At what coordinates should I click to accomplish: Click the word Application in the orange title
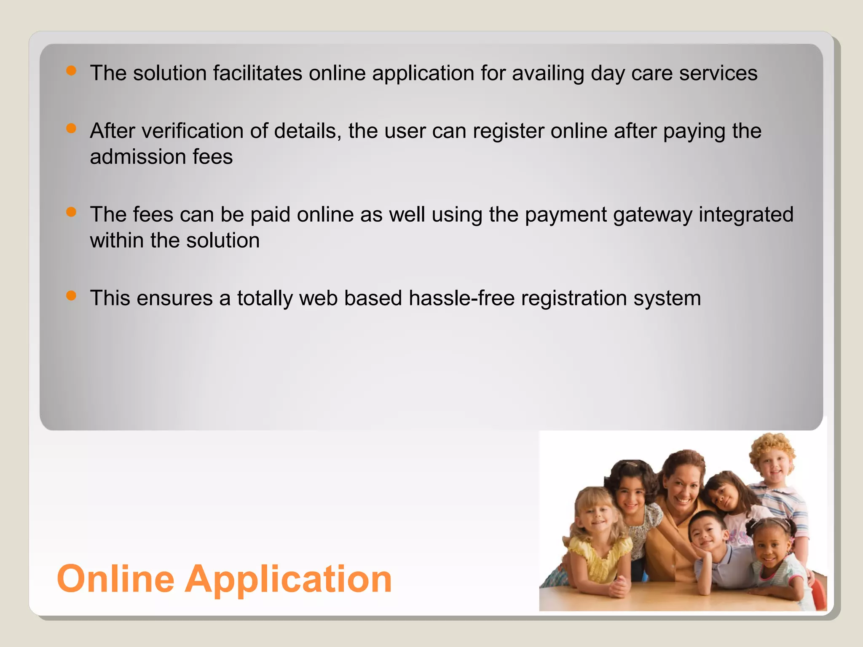289,580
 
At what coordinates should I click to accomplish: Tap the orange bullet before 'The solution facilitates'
71,70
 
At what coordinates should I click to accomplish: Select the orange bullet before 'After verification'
71,128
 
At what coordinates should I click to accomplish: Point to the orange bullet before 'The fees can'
71,212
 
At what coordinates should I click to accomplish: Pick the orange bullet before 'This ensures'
71,295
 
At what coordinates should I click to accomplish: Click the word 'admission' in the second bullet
138,157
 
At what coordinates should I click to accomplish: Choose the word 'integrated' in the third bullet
746,214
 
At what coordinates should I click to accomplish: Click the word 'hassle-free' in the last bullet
461,298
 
